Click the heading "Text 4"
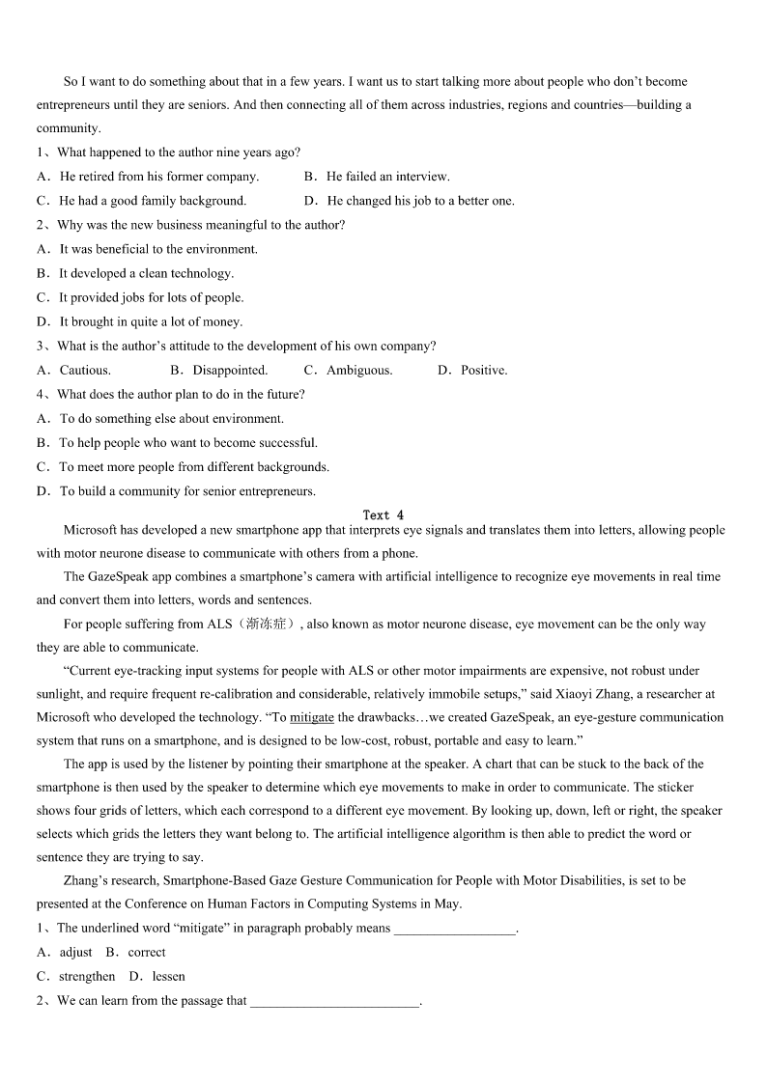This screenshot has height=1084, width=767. coord(383,515)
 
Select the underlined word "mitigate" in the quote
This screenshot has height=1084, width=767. coord(312,717)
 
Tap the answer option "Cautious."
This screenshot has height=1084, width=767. coord(85,370)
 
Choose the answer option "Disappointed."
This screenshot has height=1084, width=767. coord(230,370)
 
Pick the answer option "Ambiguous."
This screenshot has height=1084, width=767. coord(359,370)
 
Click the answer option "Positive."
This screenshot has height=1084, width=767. coord(483,370)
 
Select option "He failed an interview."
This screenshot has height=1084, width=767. coord(387,177)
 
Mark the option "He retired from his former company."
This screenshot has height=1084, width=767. coord(159,177)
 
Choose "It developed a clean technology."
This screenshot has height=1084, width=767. coord(146,273)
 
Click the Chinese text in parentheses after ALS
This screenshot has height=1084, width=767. coord(266,625)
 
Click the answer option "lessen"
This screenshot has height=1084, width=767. coord(168,976)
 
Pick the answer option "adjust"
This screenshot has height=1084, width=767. coord(75,952)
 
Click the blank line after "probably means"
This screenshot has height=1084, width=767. coord(455,930)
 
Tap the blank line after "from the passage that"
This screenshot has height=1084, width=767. coord(334,1002)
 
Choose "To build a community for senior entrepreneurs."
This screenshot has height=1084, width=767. coord(187,491)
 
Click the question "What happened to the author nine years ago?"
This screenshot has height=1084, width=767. coord(179,153)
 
